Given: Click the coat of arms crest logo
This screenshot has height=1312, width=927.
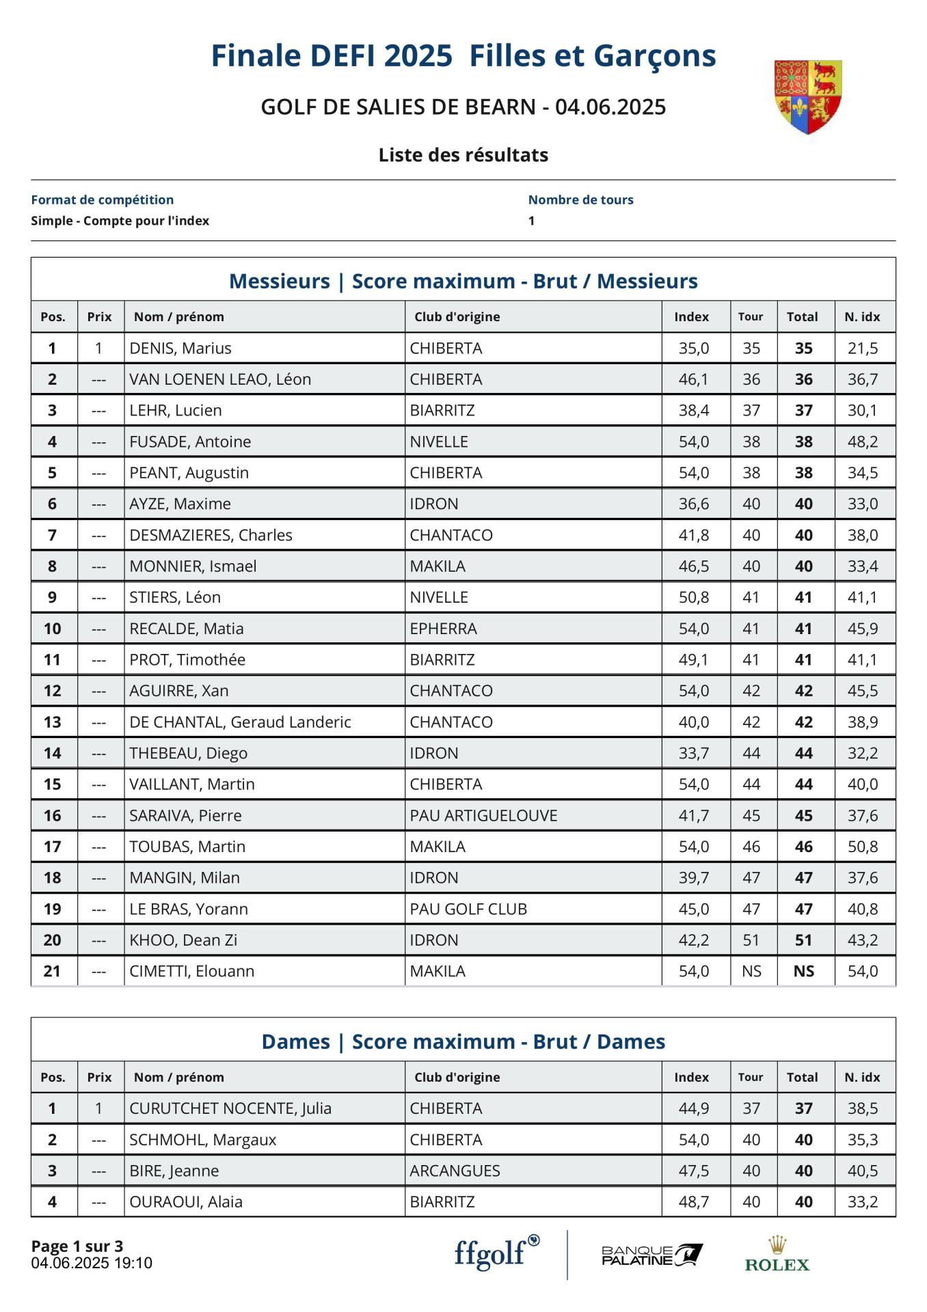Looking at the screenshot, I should tap(807, 96).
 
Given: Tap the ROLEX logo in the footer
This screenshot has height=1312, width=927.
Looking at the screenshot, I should tap(777, 1255).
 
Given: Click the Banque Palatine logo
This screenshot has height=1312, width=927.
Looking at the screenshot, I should tap(651, 1255).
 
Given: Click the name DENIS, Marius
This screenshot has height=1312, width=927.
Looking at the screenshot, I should tap(180, 348).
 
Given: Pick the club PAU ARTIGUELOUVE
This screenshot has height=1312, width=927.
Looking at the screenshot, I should tap(483, 815).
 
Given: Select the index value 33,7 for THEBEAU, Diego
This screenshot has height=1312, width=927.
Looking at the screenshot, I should tap(693, 753).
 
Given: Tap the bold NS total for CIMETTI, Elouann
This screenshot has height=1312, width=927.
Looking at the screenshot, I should tap(803, 971).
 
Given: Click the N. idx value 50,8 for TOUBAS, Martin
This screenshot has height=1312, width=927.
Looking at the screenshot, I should tap(862, 847).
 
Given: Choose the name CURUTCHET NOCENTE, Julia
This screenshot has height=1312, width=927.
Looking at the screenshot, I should tap(230, 1108).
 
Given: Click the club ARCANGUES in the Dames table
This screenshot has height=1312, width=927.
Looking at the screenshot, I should tap(455, 1171).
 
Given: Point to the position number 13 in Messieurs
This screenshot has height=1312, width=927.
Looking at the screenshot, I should tap(53, 722).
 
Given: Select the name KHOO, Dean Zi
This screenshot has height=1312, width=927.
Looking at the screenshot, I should tap(183, 940).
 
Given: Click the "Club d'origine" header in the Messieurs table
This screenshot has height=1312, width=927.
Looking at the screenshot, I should tap(457, 317).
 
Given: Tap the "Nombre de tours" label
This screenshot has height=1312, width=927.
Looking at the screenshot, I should tap(580, 200).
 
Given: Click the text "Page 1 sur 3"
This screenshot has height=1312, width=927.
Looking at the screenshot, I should tap(77, 1246).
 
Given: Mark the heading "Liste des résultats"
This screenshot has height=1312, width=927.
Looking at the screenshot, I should tap(463, 155).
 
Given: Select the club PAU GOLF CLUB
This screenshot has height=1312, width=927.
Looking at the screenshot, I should tap(468, 909).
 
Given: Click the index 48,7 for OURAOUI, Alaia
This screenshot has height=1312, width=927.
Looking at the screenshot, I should tap(693, 1202).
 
